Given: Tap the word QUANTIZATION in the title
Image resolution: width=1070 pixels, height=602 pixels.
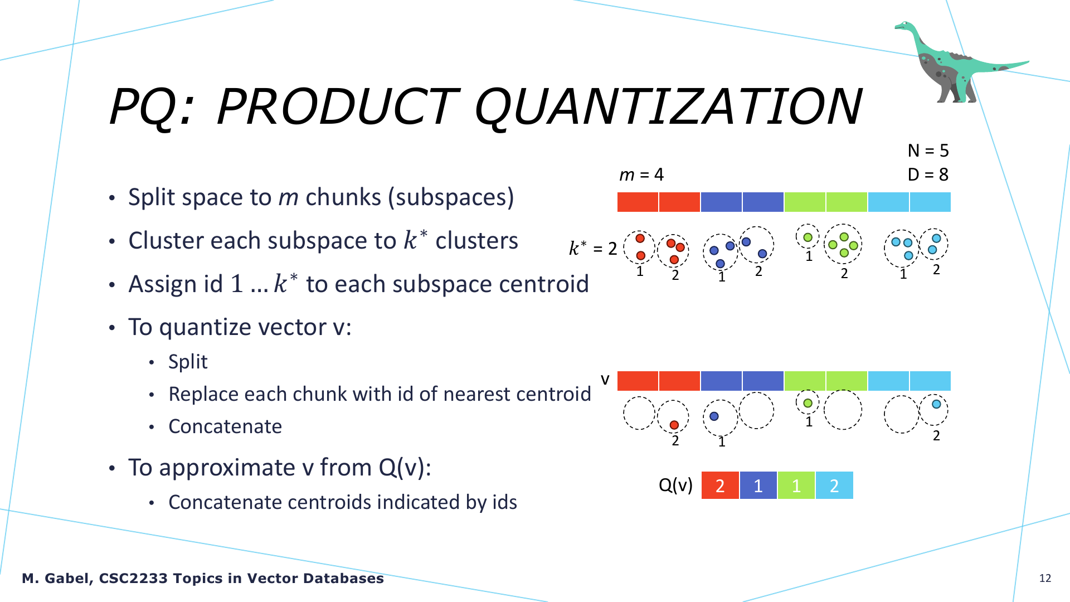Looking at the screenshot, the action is pyautogui.click(x=668, y=106).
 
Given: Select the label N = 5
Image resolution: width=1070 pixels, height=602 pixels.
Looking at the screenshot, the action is pyautogui.click(x=928, y=151).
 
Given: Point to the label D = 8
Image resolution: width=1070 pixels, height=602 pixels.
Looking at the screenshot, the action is pyautogui.click(x=928, y=174).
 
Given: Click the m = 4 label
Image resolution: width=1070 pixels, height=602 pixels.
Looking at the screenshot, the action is pyautogui.click(x=641, y=174).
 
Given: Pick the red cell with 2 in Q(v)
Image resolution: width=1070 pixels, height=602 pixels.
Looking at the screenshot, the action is pyautogui.click(x=720, y=486).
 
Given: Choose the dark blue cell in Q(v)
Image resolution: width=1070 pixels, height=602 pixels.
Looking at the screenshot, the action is pyautogui.click(x=758, y=486).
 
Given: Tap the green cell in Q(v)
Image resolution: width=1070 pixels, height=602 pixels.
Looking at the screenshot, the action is pyautogui.click(x=796, y=486).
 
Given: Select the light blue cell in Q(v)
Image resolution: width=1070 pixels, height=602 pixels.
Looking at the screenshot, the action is pyautogui.click(x=834, y=486).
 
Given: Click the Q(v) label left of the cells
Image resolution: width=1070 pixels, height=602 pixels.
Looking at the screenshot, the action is pyautogui.click(x=675, y=486).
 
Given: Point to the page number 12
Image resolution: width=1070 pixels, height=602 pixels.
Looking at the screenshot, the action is pyautogui.click(x=1045, y=578).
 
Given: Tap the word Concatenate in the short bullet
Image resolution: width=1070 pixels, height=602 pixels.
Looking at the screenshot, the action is pyautogui.click(x=225, y=426).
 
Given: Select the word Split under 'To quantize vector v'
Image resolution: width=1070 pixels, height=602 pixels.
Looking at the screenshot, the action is pyautogui.click(x=188, y=362).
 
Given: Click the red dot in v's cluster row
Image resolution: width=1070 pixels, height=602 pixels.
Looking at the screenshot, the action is pyautogui.click(x=674, y=425).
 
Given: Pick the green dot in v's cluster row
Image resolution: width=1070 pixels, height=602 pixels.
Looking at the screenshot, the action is pyautogui.click(x=808, y=402).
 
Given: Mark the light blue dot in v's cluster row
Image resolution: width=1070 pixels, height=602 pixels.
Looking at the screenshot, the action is pyautogui.click(x=936, y=404).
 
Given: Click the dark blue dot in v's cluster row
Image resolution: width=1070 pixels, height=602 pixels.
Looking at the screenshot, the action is pyautogui.click(x=714, y=416).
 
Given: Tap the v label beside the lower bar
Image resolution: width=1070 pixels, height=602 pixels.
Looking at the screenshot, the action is pyautogui.click(x=605, y=380).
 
